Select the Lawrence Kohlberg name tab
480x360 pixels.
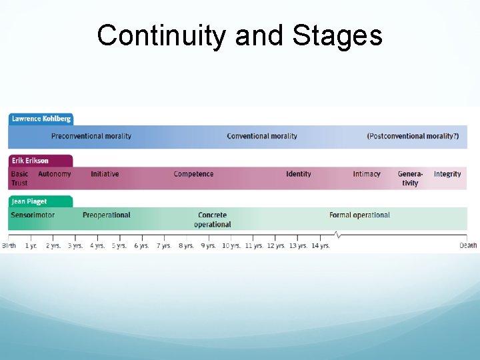coord(41,119)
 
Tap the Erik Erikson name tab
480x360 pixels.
coord(31,161)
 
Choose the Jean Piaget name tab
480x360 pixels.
coord(29,201)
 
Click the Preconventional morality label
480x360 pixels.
coord(91,136)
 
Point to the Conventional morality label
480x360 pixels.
coord(262,136)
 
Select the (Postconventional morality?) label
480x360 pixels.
coord(413,136)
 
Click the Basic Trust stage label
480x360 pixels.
coord(19,178)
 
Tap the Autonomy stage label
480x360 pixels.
coord(54,174)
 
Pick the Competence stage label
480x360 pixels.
coord(193,174)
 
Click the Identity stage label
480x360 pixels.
coord(298,174)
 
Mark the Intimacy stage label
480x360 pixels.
coord(367,174)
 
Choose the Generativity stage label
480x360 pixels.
coord(410,178)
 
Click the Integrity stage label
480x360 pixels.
coord(447,174)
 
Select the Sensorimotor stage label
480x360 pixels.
coord(33,215)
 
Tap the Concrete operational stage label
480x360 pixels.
coord(213,219)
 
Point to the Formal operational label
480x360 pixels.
coord(359,215)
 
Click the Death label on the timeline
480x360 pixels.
coord(468,245)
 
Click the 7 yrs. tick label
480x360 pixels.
coord(164,245)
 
